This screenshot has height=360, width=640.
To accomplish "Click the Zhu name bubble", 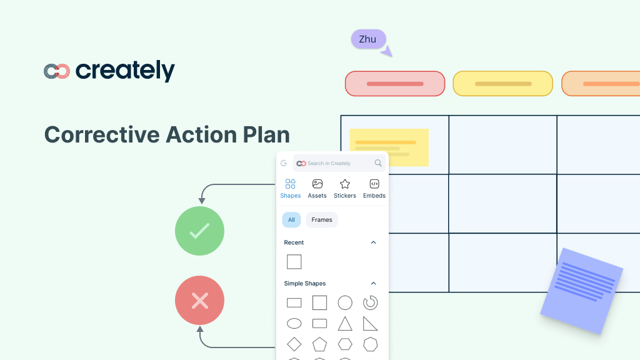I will (367, 39).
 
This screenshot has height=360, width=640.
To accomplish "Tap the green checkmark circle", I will (199, 231).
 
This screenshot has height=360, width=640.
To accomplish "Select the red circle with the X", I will (199, 301).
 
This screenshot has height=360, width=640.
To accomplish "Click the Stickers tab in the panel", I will (344, 188).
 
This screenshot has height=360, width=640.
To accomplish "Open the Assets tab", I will (317, 188).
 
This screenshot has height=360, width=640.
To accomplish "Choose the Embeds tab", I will (374, 188).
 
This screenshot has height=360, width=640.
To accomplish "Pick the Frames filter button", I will (322, 220).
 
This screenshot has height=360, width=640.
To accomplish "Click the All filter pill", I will (291, 220).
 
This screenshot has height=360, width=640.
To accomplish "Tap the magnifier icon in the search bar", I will (378, 163).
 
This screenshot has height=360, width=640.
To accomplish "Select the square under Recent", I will (294, 262).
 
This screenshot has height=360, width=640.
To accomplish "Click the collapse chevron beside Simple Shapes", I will (374, 283).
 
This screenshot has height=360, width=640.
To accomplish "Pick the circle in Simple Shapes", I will (345, 303).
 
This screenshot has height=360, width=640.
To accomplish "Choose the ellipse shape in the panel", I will (294, 324).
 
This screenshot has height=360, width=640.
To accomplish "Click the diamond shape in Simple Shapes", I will (294, 344).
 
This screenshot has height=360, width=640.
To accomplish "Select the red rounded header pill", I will (395, 84).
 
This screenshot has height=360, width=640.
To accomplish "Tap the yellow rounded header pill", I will (502, 84).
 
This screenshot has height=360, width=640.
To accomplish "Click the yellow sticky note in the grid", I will (389, 147).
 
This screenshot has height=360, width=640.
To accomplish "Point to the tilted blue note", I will (582, 290).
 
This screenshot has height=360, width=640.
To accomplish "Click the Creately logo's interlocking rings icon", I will (56, 71).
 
